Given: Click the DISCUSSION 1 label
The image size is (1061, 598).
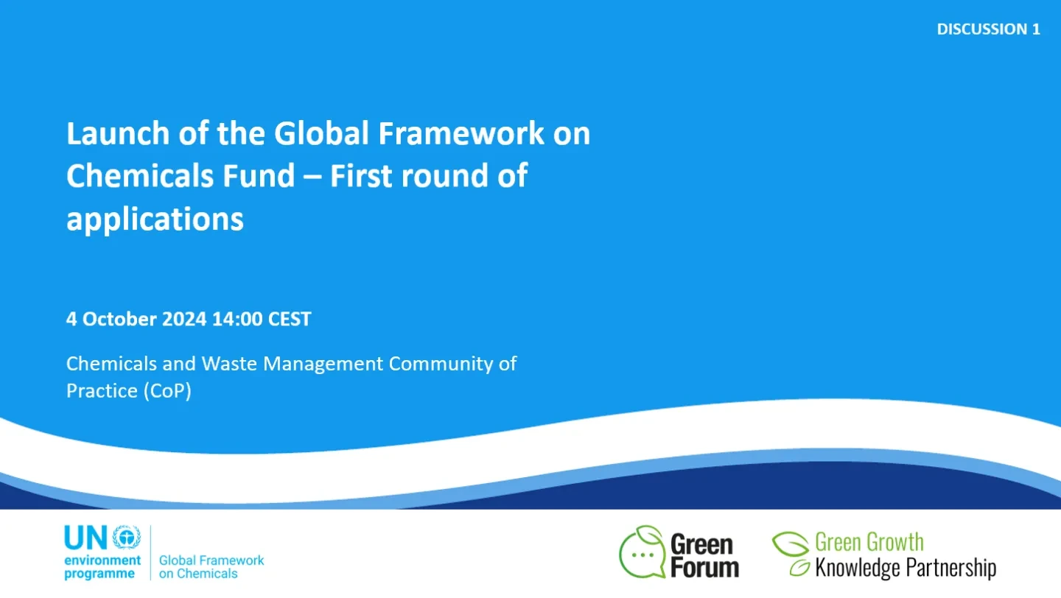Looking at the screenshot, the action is pyautogui.click(x=988, y=29).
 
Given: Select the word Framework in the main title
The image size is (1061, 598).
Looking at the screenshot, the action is pyautogui.click(x=461, y=133).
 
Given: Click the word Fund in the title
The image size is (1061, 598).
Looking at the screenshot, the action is pyautogui.click(x=259, y=176).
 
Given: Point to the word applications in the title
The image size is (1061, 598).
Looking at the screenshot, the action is pyautogui.click(x=155, y=219).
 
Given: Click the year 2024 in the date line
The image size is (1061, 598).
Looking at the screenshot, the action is pyautogui.click(x=184, y=319).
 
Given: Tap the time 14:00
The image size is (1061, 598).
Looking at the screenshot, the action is pyautogui.click(x=237, y=319).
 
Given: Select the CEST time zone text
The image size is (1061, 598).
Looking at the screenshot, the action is pyautogui.click(x=290, y=319).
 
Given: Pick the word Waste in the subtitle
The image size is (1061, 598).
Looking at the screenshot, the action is pyautogui.click(x=228, y=364).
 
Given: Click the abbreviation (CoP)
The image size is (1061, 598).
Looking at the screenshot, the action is pyautogui.click(x=167, y=391).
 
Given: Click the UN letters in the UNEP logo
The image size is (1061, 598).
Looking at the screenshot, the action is pyautogui.click(x=85, y=538).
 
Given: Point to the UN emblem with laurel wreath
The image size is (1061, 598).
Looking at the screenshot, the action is pyautogui.click(x=127, y=538).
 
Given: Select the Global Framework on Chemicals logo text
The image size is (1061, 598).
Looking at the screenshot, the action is pyautogui.click(x=211, y=567).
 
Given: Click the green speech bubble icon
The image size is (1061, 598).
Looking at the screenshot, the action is pyautogui.click(x=642, y=552).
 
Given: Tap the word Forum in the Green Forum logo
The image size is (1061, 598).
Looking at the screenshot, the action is pyautogui.click(x=705, y=567).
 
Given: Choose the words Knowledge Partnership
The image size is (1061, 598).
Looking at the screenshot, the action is pyautogui.click(x=905, y=568).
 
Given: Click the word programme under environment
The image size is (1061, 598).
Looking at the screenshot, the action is pyautogui.click(x=99, y=574).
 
